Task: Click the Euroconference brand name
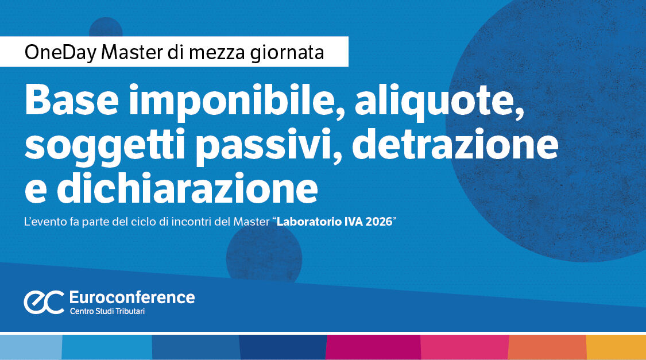[131, 297]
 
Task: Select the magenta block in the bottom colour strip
[373, 347]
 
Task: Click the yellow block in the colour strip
[616, 347]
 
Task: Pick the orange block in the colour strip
[547, 347]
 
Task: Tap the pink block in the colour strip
[465, 347]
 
